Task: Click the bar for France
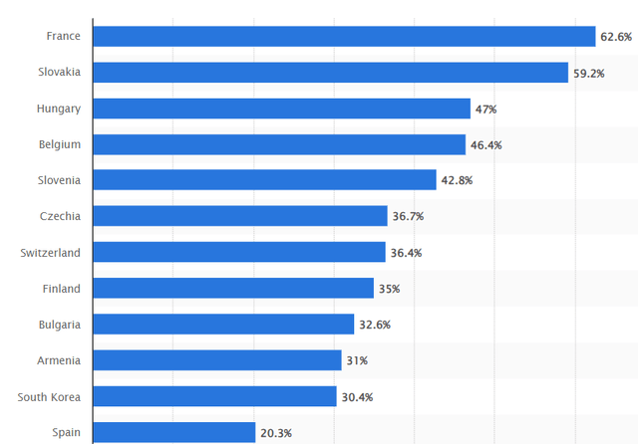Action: (x=344, y=37)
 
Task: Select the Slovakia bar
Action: (x=330, y=73)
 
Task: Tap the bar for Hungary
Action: (x=281, y=109)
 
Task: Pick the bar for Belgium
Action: (x=279, y=144)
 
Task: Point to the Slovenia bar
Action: (x=264, y=180)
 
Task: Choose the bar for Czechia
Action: (x=240, y=216)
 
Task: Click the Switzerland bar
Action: (x=239, y=252)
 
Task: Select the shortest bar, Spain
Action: (x=173, y=432)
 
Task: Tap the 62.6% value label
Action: (x=615, y=37)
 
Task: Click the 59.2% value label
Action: (x=588, y=73)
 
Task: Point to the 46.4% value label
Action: (x=485, y=145)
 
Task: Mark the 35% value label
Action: (x=388, y=289)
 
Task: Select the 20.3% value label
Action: (x=276, y=433)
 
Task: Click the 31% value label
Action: (x=356, y=360)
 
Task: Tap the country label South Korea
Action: (x=49, y=396)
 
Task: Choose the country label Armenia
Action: (x=59, y=360)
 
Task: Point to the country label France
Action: (x=63, y=37)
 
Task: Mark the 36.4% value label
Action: (x=406, y=253)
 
